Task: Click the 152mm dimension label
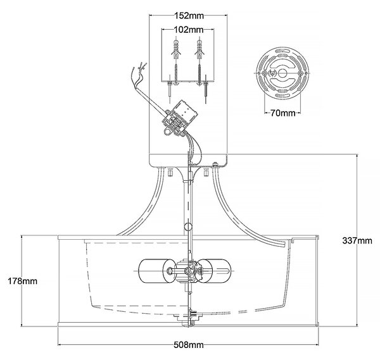click(x=189, y=16)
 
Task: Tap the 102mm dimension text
click(x=189, y=30)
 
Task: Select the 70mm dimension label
click(x=283, y=113)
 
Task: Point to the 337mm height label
click(x=357, y=240)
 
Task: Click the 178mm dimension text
click(x=23, y=281)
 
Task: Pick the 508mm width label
click(x=189, y=345)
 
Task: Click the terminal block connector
click(x=180, y=118)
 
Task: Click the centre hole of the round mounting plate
click(x=282, y=73)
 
